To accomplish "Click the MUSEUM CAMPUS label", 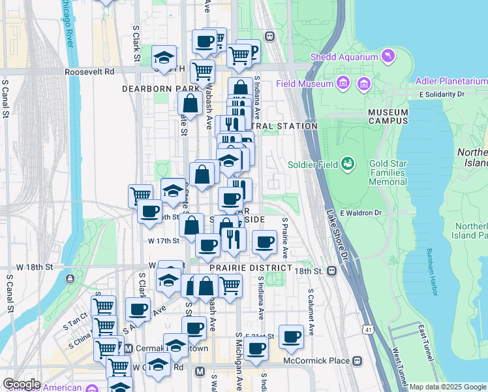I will coord(388,116).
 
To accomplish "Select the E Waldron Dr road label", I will coord(378,213).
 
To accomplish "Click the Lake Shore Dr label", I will coord(337,225).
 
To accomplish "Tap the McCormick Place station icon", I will coord(357,361).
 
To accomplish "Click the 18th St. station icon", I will coord(331,270).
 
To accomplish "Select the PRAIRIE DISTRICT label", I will coord(251,269).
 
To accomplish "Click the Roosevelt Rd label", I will coord(90,71).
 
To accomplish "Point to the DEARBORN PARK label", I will coord(151,88).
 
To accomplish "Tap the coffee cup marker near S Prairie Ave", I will coord(265,242).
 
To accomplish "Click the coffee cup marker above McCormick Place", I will coord(292,336).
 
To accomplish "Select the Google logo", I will coord(22,384).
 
